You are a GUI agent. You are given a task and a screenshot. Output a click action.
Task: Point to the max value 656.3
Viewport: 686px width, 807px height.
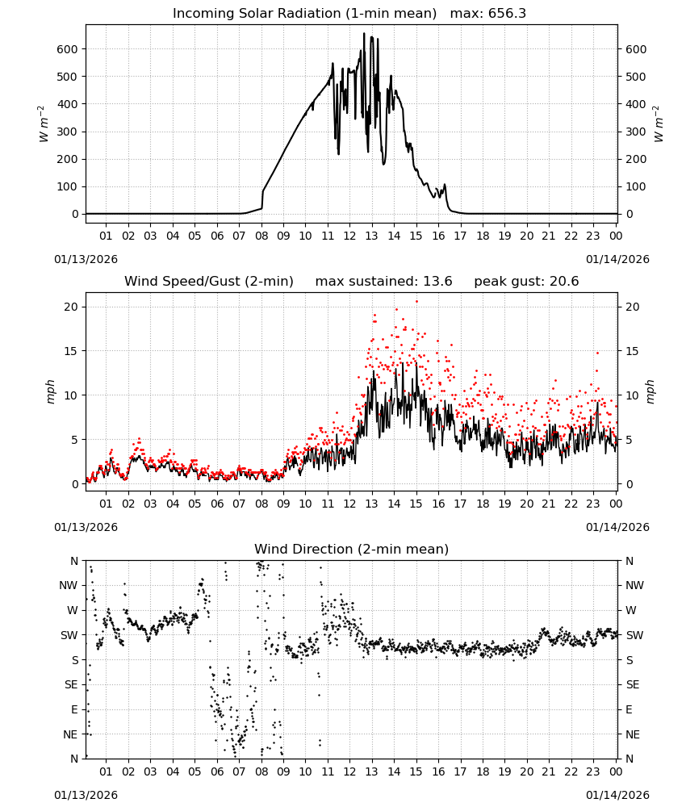507,14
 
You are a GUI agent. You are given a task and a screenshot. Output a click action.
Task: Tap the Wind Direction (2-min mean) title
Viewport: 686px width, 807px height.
352,549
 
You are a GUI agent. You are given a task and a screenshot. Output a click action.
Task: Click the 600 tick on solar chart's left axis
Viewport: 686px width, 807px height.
67,49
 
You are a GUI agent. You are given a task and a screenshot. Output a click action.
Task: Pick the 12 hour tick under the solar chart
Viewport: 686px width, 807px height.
349,236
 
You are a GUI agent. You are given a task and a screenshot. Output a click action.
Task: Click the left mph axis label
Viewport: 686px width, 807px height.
50,391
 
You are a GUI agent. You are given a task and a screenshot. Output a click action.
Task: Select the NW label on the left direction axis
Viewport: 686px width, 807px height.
69,586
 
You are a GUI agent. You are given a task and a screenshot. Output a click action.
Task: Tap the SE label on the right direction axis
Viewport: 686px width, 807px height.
633,684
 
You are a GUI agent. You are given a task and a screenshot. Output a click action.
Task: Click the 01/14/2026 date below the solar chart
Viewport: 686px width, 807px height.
617,259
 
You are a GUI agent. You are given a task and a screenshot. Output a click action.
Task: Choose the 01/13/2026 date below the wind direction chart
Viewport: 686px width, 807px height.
86,795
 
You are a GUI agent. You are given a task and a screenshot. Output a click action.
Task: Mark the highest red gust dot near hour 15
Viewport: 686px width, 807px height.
416,302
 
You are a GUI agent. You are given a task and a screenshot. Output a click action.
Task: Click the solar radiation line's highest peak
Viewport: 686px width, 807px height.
364,33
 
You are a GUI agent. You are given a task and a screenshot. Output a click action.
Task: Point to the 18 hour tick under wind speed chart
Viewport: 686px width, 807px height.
483,504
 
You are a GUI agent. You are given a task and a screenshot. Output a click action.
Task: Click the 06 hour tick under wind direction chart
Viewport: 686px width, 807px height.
217,771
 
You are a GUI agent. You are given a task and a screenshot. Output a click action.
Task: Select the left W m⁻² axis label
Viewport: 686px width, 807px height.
44,124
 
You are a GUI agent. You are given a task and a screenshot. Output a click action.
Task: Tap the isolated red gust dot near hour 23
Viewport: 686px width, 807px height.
597,353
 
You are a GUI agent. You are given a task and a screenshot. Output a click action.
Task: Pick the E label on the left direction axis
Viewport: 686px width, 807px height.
74,709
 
